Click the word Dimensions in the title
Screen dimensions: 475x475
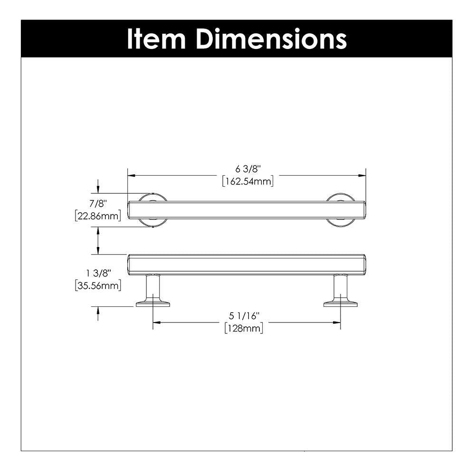tap(271, 39)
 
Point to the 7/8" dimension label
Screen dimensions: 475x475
tap(98, 204)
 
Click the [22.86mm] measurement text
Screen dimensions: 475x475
tap(98, 216)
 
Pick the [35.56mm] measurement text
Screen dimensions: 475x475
tap(98, 285)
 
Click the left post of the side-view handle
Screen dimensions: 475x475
tap(152, 289)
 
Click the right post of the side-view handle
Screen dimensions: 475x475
tap(340, 289)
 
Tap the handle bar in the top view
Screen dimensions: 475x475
tap(247, 210)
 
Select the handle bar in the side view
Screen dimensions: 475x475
tap(247, 264)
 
